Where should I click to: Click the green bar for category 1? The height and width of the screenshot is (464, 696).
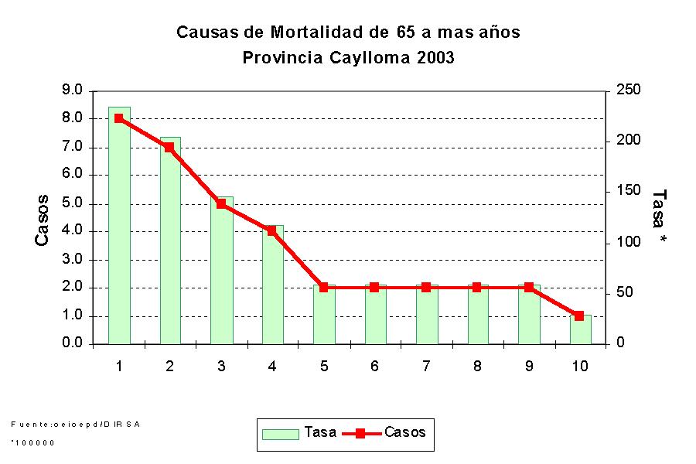(119, 226)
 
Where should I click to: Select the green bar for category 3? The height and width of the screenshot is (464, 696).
(221, 271)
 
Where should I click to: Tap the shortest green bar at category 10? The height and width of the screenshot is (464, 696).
(580, 329)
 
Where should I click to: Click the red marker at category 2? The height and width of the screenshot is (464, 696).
(169, 147)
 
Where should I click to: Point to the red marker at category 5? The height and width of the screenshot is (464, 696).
(323, 287)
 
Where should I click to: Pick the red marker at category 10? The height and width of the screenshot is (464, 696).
(579, 316)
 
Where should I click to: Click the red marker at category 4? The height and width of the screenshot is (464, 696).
(272, 230)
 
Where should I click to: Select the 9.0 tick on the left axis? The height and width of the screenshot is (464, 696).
(72, 90)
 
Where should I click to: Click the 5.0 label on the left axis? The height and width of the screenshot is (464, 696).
(72, 203)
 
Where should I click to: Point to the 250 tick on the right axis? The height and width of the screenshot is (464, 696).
(629, 90)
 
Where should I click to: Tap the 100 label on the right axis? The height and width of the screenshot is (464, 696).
(629, 242)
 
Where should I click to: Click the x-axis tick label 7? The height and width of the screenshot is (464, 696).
(426, 366)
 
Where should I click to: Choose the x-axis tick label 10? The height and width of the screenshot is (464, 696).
(579, 366)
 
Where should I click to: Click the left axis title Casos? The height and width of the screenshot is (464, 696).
(43, 220)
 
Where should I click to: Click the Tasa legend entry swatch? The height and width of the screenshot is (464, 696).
(280, 433)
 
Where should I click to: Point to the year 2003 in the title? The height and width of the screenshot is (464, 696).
(435, 57)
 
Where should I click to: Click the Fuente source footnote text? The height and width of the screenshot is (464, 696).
(75, 424)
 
